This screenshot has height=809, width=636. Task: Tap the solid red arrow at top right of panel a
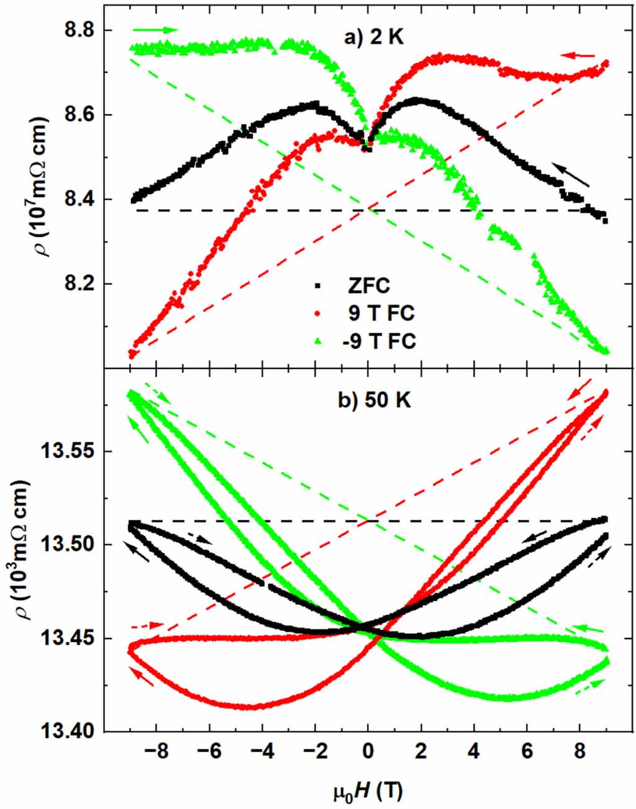577,55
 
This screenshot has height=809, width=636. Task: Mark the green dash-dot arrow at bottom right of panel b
589,686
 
